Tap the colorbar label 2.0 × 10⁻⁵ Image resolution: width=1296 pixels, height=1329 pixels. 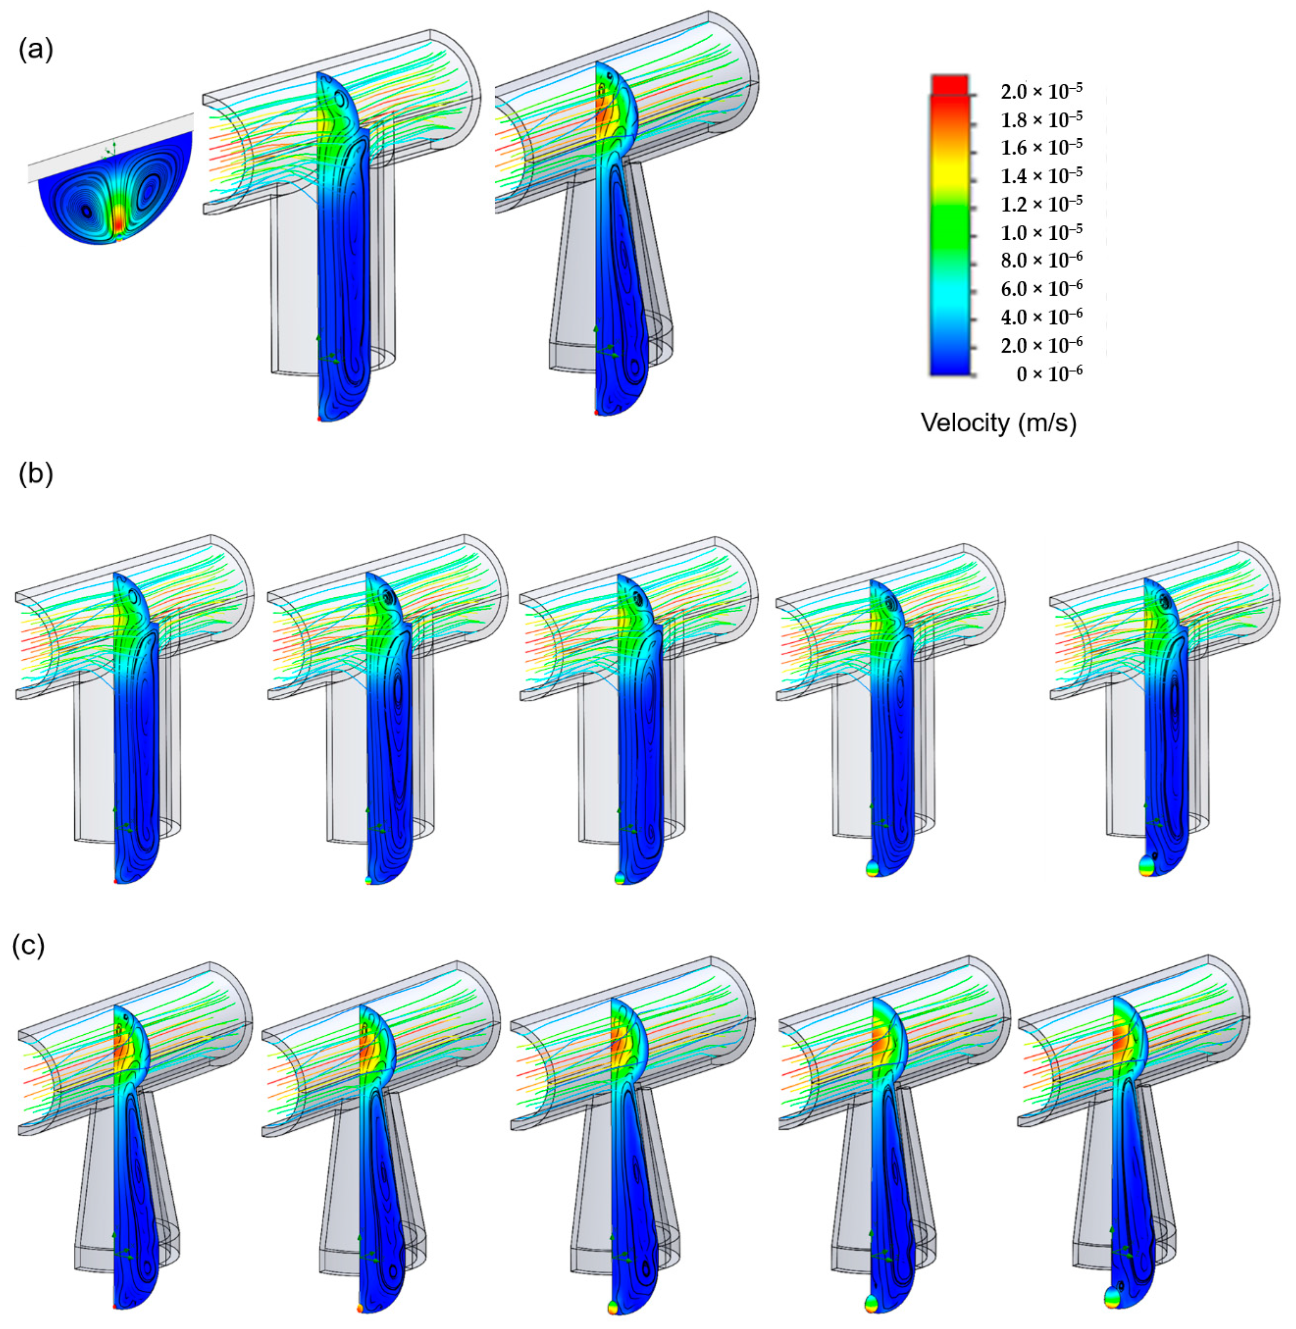(x=1042, y=91)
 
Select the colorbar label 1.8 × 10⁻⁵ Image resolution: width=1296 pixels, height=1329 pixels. (x=1042, y=120)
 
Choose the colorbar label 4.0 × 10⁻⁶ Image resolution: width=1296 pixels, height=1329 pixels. (x=1042, y=317)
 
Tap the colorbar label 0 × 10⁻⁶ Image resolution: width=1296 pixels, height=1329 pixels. (x=1049, y=374)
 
